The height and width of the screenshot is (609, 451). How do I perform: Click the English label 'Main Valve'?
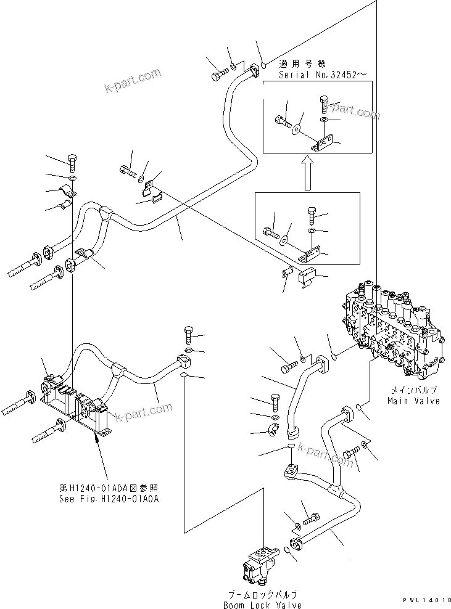(413, 401)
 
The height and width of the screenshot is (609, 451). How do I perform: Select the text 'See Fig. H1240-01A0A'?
(106, 498)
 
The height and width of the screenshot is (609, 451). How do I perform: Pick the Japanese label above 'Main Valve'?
(413, 391)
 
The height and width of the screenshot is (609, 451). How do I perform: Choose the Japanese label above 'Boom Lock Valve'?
(262, 594)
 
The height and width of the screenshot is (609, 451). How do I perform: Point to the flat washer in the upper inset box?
(297, 130)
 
